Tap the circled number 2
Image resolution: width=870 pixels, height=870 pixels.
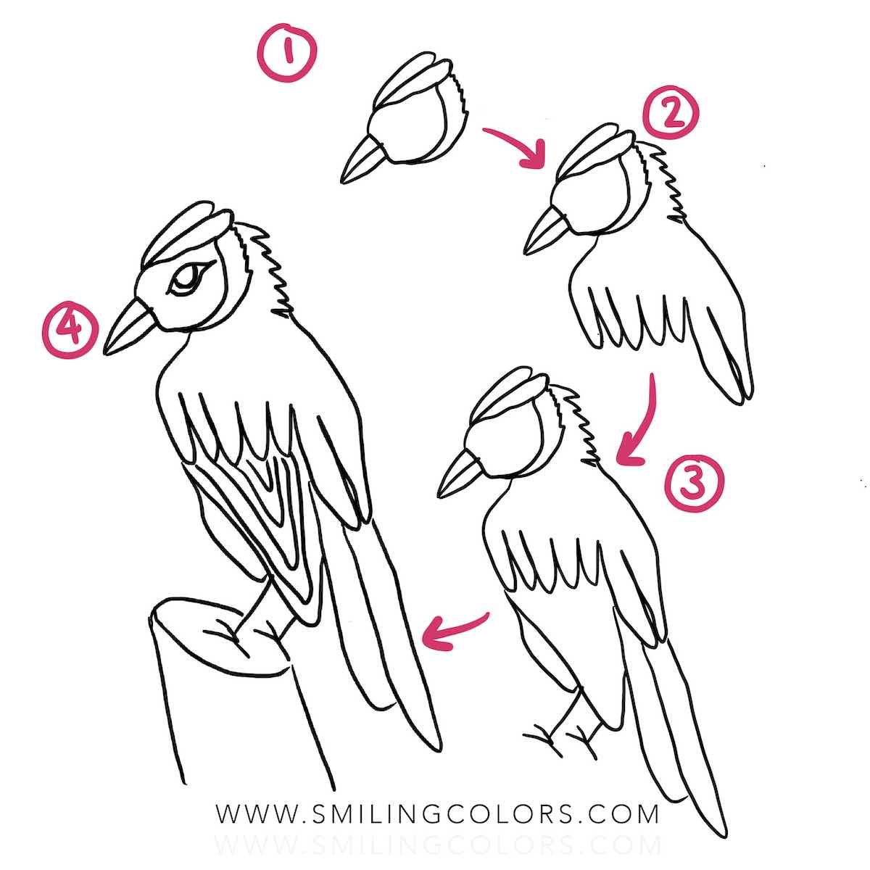[671, 117]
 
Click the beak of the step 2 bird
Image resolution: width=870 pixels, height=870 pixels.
[544, 230]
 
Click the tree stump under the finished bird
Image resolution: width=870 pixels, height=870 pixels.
[217, 696]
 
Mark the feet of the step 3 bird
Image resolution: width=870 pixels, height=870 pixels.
[562, 734]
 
